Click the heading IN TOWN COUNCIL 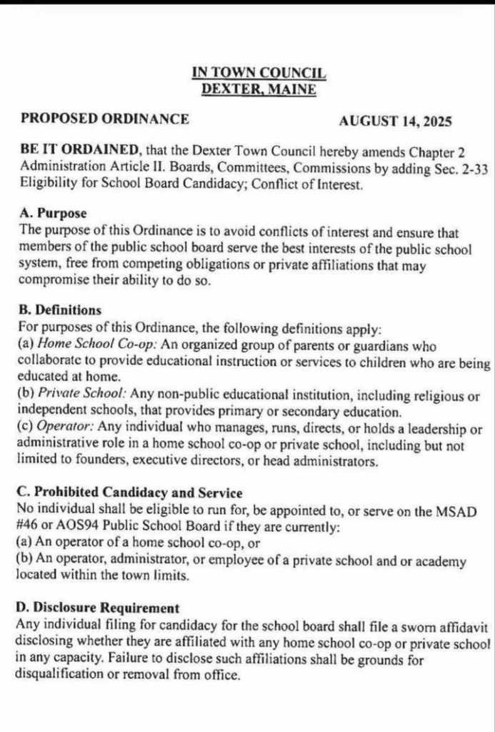click(x=259, y=73)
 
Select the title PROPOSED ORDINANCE click(x=105, y=119)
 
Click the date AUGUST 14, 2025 click(x=395, y=121)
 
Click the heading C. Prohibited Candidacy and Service click(x=129, y=493)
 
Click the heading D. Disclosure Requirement click(x=97, y=608)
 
